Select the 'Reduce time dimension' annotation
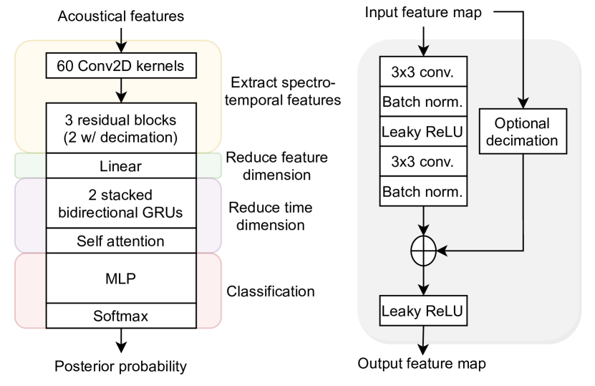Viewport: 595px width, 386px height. pos(265,216)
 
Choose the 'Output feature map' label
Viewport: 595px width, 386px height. pos(422,363)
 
